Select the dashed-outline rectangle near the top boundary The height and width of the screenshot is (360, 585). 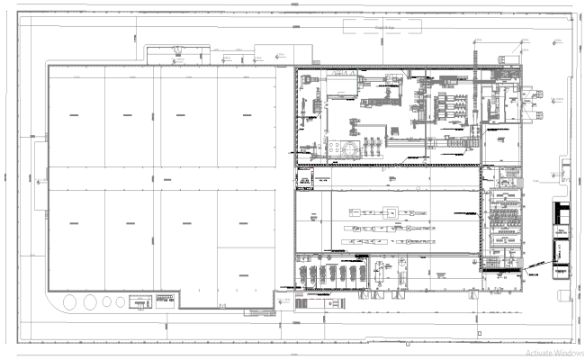[x=384, y=27]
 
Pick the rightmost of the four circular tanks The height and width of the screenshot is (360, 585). [x=121, y=301]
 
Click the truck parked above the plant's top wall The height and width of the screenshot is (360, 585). [x=174, y=54]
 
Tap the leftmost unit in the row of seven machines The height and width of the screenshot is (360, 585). [x=303, y=274]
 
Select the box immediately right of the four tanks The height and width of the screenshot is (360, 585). [x=141, y=301]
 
